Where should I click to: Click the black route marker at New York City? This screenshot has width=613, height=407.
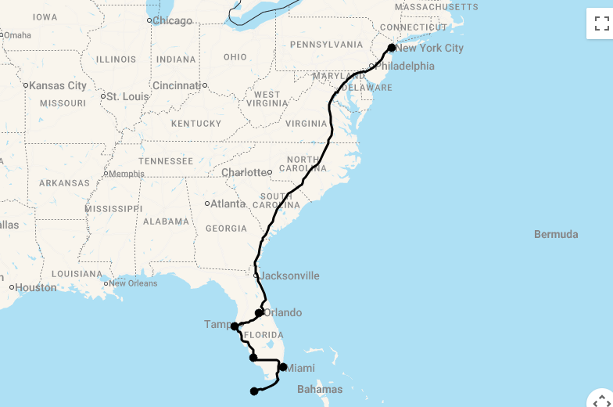click(x=392, y=48)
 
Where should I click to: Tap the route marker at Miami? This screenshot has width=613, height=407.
click(x=283, y=367)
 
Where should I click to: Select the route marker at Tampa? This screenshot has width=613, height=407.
click(x=235, y=326)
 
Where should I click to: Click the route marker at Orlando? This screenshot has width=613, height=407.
click(x=260, y=313)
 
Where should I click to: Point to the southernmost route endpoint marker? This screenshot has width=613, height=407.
click(x=253, y=391)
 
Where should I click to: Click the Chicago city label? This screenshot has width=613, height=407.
click(x=172, y=20)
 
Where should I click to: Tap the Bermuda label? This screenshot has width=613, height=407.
click(x=556, y=234)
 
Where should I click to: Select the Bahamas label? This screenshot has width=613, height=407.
click(x=319, y=389)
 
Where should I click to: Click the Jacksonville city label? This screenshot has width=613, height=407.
click(x=289, y=276)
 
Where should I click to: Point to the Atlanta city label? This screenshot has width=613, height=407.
click(x=228, y=203)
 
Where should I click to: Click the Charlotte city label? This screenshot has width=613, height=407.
click(x=244, y=172)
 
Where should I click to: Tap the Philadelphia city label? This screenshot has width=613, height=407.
click(x=404, y=67)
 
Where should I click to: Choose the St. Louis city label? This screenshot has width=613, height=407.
click(x=127, y=96)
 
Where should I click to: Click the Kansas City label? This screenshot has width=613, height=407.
click(x=58, y=85)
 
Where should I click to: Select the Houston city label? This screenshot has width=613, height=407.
click(x=36, y=287)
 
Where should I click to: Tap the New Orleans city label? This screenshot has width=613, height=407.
click(x=133, y=283)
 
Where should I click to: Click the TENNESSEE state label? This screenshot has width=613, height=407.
click(x=166, y=161)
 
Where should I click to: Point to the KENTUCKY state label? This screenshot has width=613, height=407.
click(x=196, y=124)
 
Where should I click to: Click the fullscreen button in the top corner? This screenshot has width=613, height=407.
click(x=600, y=23)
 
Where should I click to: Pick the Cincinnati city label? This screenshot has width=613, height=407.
click(x=177, y=85)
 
